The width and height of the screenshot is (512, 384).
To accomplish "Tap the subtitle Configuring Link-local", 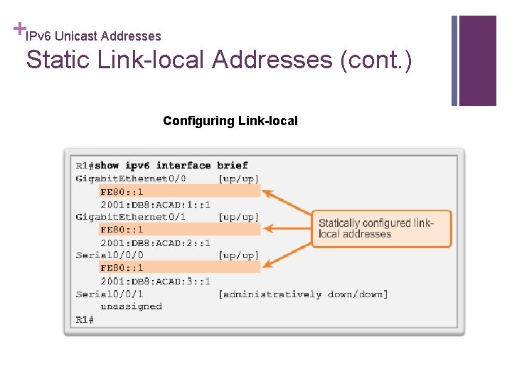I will tap(230, 121).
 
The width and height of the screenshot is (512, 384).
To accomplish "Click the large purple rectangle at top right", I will tap(478, 60).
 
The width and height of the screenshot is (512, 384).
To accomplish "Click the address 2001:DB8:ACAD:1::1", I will tap(156, 204).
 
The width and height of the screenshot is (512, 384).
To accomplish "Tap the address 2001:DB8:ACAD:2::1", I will tap(156, 242).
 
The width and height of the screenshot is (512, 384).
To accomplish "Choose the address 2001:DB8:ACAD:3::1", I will tap(156, 281).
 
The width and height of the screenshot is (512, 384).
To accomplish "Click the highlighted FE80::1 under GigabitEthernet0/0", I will tap(122, 191).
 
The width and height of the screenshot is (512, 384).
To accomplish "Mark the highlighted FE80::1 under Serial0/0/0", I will tap(122, 268).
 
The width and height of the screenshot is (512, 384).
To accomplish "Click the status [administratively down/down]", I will tap(304, 294).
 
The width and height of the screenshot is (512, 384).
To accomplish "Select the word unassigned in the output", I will tap(131, 306).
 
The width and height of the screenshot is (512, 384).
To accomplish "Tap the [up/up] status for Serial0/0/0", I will tap(239, 255).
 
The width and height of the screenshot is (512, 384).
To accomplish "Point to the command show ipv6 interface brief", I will tap(171, 166).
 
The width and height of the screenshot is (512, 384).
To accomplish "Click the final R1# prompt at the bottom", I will tap(85, 319).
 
